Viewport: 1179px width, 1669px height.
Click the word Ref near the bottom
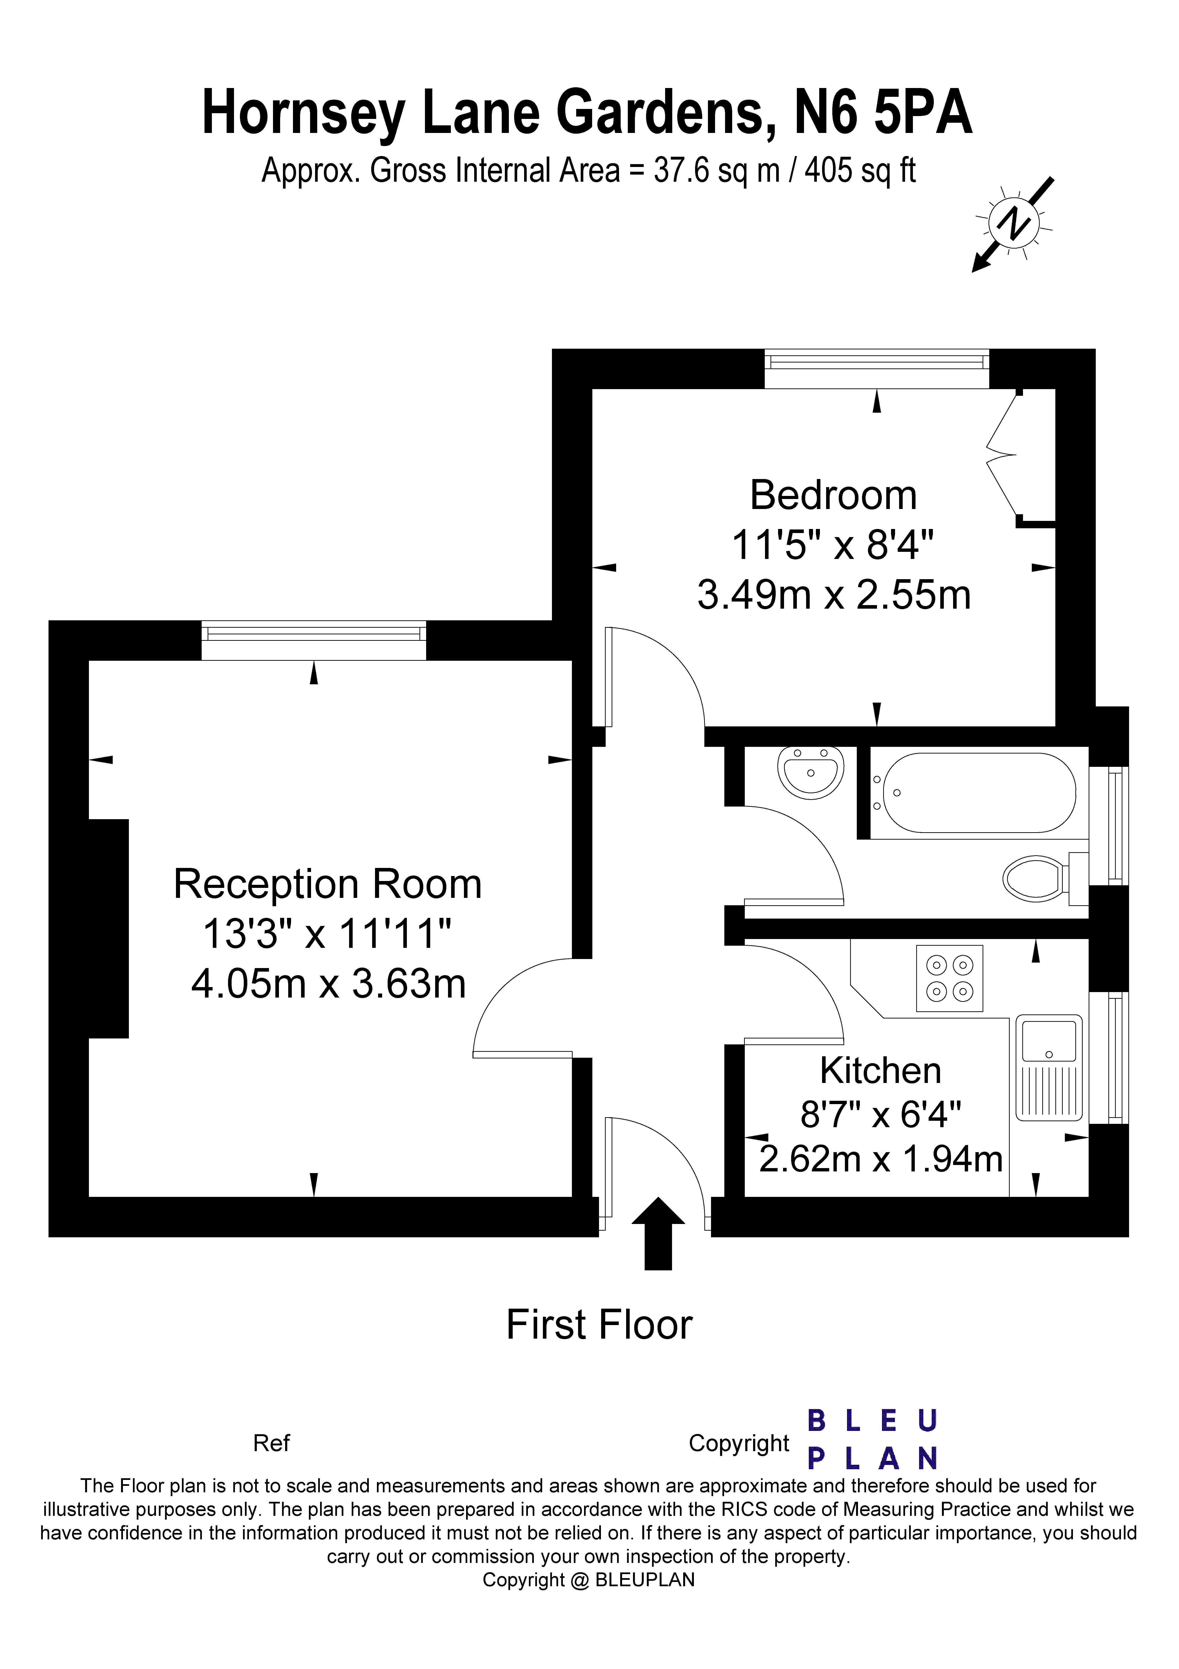(x=271, y=1443)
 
